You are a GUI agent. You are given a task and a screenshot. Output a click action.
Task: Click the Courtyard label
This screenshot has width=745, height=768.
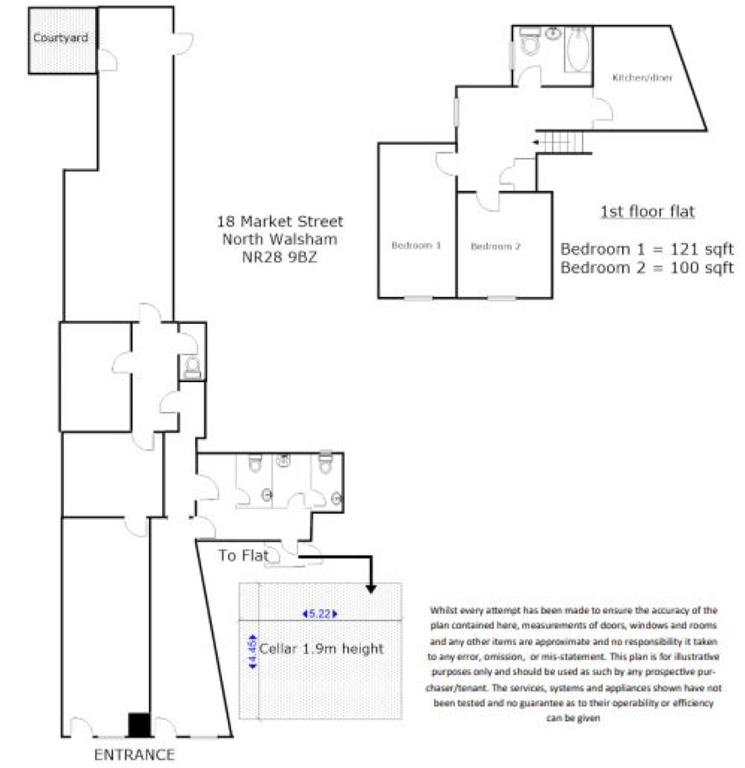tap(61, 38)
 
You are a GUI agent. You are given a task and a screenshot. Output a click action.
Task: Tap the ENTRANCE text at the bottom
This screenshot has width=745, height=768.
tap(135, 755)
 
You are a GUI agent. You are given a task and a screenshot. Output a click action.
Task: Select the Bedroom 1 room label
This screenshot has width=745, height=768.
tap(416, 246)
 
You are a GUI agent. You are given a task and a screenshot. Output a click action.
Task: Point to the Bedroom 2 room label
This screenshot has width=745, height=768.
tap(495, 246)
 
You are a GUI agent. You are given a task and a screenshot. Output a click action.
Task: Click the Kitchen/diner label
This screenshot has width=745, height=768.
tap(642, 77)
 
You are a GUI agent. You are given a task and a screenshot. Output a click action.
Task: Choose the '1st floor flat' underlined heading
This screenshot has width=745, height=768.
tap(647, 212)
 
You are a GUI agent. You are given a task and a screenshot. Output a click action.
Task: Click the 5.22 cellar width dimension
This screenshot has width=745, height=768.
tap(320, 614)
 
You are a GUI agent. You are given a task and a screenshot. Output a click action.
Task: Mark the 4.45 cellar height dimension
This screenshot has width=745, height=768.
tap(252, 651)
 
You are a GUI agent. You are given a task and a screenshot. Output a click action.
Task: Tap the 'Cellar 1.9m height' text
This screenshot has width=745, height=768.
tap(321, 649)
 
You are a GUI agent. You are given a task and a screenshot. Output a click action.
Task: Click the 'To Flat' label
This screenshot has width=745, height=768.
tap(243, 555)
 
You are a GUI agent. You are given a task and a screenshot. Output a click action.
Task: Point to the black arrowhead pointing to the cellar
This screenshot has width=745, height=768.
tap(371, 588)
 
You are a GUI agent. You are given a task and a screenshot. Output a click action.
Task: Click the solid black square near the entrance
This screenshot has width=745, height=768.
tap(139, 725)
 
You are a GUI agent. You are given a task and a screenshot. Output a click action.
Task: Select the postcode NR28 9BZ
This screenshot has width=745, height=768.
tap(279, 257)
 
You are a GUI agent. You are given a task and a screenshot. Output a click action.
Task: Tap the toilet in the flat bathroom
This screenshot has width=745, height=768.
tap(530, 43)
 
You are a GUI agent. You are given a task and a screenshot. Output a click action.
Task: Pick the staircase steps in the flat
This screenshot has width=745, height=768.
tap(563, 142)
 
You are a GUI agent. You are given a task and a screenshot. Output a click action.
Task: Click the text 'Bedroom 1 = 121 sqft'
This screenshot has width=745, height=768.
tap(647, 249)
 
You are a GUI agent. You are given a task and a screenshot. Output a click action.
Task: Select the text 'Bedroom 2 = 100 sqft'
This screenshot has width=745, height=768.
tap(647, 268)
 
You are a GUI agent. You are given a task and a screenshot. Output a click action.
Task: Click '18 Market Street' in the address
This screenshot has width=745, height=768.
tap(280, 221)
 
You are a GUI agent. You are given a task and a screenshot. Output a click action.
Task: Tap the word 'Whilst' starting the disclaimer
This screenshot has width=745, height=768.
tap(442, 611)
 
